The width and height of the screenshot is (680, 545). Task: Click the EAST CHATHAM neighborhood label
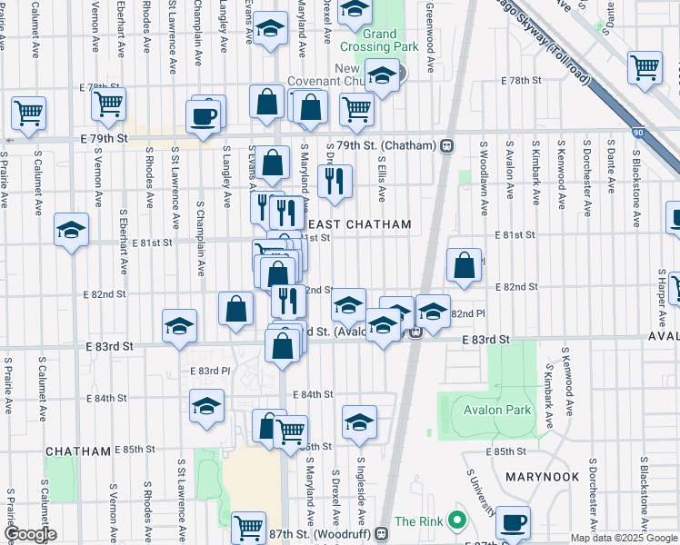point(361,224)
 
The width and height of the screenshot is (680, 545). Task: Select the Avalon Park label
point(496,410)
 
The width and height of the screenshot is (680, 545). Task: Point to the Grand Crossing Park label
point(368,40)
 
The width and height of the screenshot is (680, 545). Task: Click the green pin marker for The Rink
point(457,521)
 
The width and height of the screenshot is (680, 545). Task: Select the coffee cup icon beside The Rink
point(514,522)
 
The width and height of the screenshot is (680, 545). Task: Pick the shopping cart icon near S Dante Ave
point(645,66)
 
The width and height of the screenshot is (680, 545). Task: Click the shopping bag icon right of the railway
point(464,265)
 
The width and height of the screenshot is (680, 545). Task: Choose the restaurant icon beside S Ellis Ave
point(336,181)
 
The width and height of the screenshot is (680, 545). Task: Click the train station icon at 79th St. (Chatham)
point(447,145)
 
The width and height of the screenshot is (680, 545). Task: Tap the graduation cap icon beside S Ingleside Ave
point(360,421)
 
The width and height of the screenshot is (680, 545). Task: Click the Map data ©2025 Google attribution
point(624,538)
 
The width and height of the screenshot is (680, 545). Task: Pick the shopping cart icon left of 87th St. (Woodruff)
point(248,528)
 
